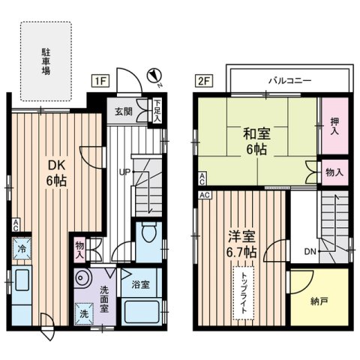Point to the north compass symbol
point(153,75)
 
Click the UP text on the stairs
point(119,171)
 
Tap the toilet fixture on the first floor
point(150,235)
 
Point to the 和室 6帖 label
point(256,142)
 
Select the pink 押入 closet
point(335,124)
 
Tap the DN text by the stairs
point(309,253)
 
